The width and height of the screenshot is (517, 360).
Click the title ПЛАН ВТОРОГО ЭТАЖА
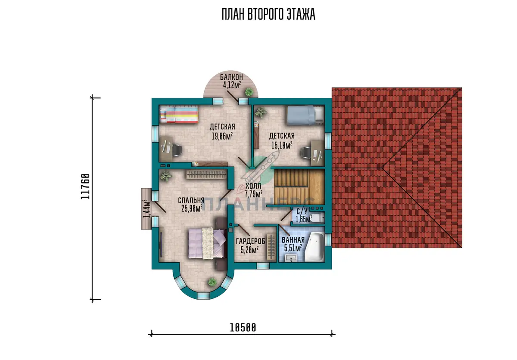pyautogui.click(x=268, y=14)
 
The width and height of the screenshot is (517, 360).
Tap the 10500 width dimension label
pyautogui.click(x=243, y=328)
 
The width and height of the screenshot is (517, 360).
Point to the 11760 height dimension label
pyautogui.click(x=85, y=186)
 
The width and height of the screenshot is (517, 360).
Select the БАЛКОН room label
pyautogui.click(x=231, y=77)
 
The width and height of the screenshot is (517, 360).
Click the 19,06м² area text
pyautogui.click(x=222, y=136)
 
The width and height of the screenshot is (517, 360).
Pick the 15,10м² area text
pyautogui.click(x=282, y=145)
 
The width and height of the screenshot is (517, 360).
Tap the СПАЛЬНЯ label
pyautogui.click(x=191, y=200)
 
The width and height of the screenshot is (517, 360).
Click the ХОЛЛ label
pyautogui.click(x=253, y=186)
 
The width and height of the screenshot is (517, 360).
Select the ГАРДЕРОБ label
pyautogui.click(x=250, y=242)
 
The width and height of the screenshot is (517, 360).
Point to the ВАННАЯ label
pyautogui.click(x=293, y=240)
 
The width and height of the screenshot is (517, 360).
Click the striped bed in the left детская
pyautogui.click(x=179, y=114)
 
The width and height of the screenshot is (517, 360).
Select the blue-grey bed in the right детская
pyautogui.click(x=305, y=115)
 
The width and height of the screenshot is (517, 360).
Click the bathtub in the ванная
pyautogui.click(x=315, y=247)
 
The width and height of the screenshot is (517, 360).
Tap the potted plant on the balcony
pyautogui.click(x=249, y=92)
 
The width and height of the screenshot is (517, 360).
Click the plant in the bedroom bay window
pyautogui.click(x=212, y=282)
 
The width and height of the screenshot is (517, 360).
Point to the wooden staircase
pyautogui.click(x=299, y=187)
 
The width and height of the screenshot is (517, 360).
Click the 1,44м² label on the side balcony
pyautogui.click(x=146, y=209)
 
